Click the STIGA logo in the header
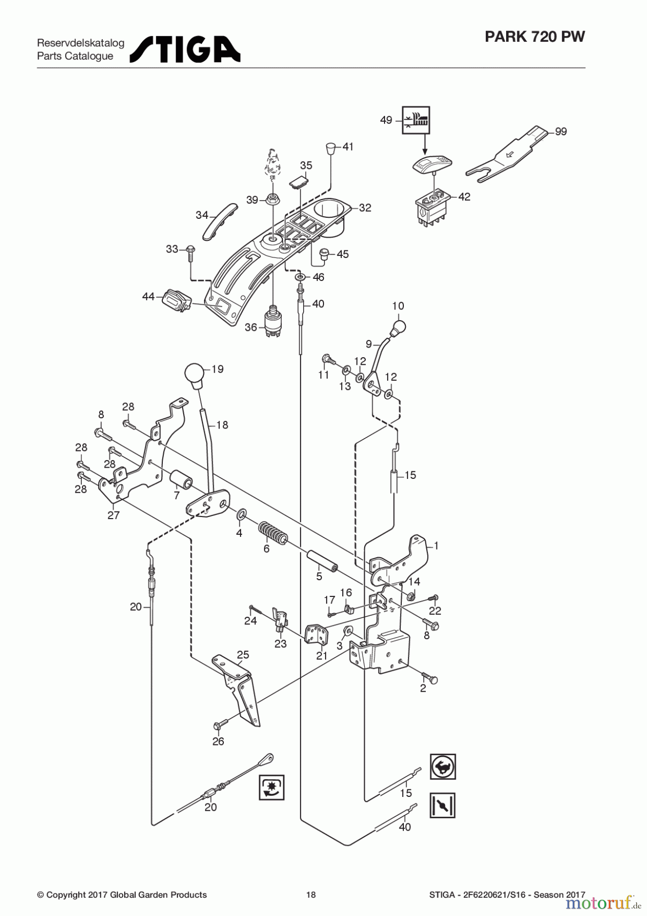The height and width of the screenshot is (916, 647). pos(186,49)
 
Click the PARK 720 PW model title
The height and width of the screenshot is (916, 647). pos(535,37)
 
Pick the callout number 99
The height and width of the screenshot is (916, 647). pos(561,132)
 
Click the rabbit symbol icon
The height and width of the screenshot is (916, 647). pos(443,767)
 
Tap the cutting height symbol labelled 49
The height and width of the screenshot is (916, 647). pos(416,120)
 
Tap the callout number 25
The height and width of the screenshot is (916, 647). pos(243,654)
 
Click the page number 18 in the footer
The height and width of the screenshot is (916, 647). pos(311,895)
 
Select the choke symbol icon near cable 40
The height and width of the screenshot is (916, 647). pos(443,806)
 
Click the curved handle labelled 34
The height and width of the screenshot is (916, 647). pos(221,221)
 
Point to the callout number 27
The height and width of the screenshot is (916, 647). pos(113,515)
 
